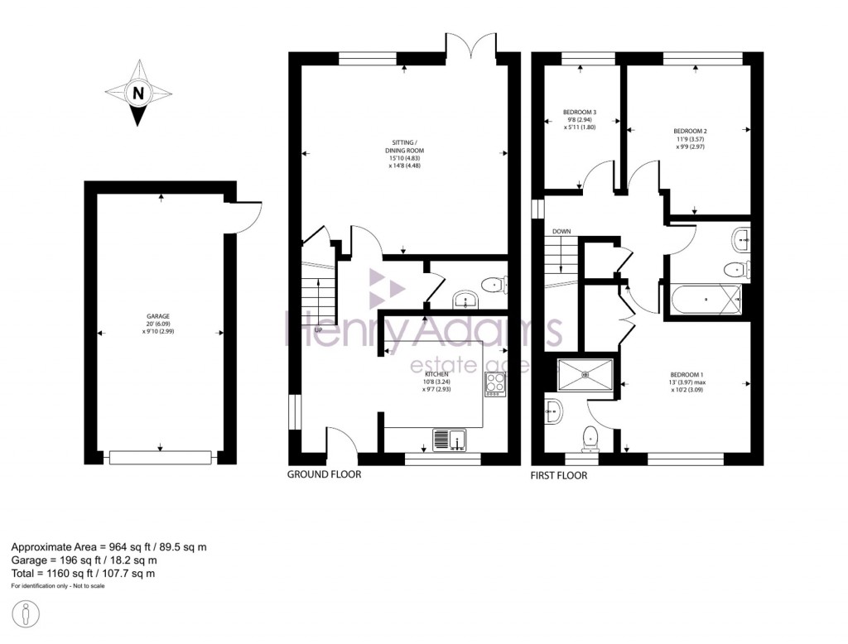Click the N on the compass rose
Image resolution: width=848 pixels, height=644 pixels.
click(138, 93)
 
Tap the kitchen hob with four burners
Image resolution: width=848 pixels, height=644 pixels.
click(495, 384)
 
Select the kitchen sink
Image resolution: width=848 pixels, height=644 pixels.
click(450, 439)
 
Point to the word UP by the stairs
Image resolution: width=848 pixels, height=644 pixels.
click(318, 329)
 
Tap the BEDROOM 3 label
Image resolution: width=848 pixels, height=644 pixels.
click(580, 119)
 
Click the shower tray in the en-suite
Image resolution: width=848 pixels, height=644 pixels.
click(587, 375)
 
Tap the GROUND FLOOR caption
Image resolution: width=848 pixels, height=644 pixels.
click(324, 475)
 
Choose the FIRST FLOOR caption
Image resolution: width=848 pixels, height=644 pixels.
click(559, 476)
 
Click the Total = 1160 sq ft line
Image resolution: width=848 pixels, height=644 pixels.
click(83, 573)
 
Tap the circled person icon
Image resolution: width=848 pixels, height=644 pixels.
click(27, 617)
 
